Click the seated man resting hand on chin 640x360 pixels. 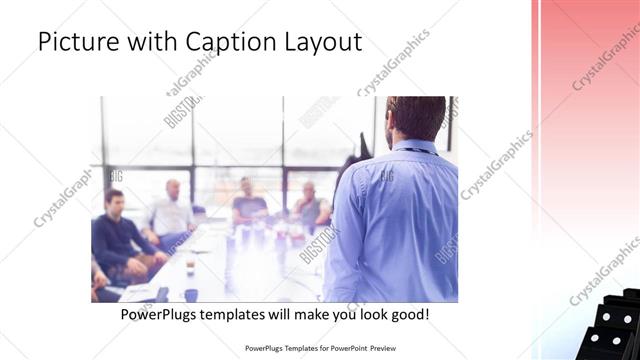[x=311, y=205]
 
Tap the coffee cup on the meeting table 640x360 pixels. [x=190, y=294]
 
